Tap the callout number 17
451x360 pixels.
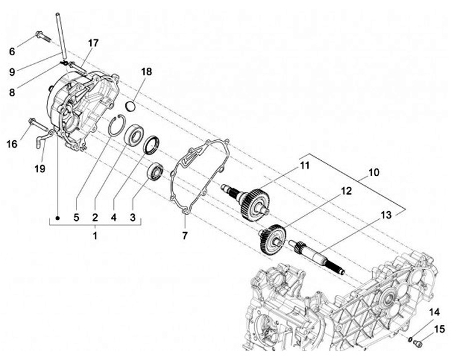(x=93, y=43)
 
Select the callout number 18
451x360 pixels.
(x=146, y=72)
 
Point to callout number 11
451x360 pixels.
(x=305, y=166)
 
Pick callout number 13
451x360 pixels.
(x=385, y=215)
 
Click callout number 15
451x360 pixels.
(x=438, y=329)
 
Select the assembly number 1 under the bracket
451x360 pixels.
(x=95, y=236)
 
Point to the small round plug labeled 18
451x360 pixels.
(x=132, y=104)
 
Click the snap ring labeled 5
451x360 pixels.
(x=113, y=126)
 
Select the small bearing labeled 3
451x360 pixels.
(x=155, y=170)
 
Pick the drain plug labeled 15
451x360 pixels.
(x=420, y=342)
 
